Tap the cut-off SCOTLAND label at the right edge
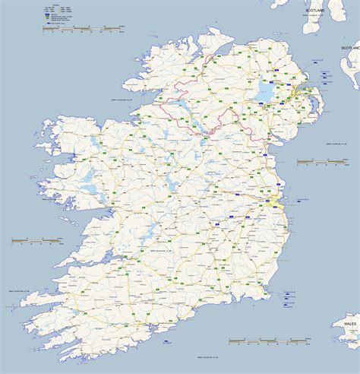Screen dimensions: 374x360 coord(350,47)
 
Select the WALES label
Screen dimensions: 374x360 coord(349,323)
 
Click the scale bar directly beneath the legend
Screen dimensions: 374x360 coord(83,28)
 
